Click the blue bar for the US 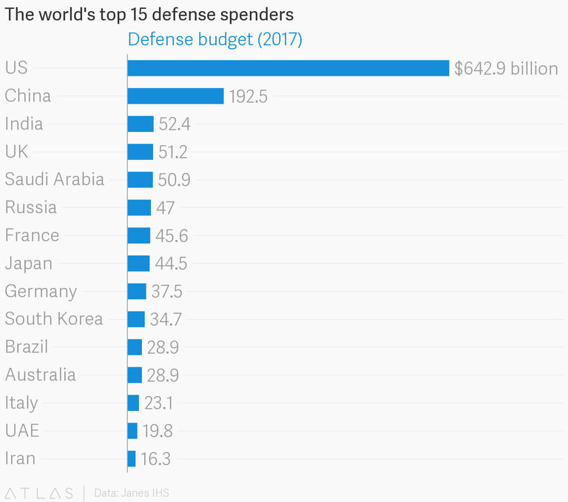288,68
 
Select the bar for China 175,96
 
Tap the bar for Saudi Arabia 140,180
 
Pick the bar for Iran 132,458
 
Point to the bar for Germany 137,291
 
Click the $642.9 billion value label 506,69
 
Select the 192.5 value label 248,96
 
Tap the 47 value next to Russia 166,208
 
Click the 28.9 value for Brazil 163,347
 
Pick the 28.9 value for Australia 163,375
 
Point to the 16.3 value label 155,459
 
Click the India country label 24,124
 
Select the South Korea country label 54,319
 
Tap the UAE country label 22,431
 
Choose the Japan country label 29,263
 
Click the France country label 32,235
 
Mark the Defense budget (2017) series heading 215,39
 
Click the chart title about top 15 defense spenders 149,14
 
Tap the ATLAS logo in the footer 39,492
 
